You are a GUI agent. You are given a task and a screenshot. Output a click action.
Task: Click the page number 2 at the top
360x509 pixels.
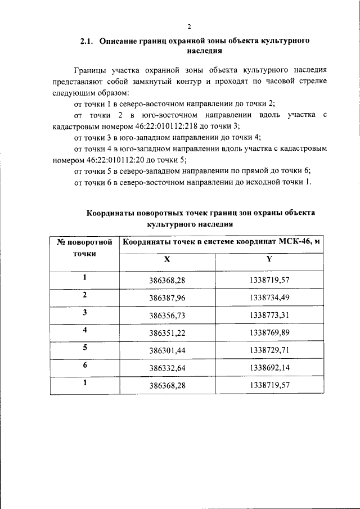point(189,26)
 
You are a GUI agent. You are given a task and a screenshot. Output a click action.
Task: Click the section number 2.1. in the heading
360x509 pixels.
point(88,41)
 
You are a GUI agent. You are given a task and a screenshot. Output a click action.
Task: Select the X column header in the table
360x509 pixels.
point(166,260)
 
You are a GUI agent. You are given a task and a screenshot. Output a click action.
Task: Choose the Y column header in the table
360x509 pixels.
point(269,260)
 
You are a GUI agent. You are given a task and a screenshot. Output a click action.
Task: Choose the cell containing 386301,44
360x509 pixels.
point(166,350)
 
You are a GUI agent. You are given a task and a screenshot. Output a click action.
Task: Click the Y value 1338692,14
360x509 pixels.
point(269,368)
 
